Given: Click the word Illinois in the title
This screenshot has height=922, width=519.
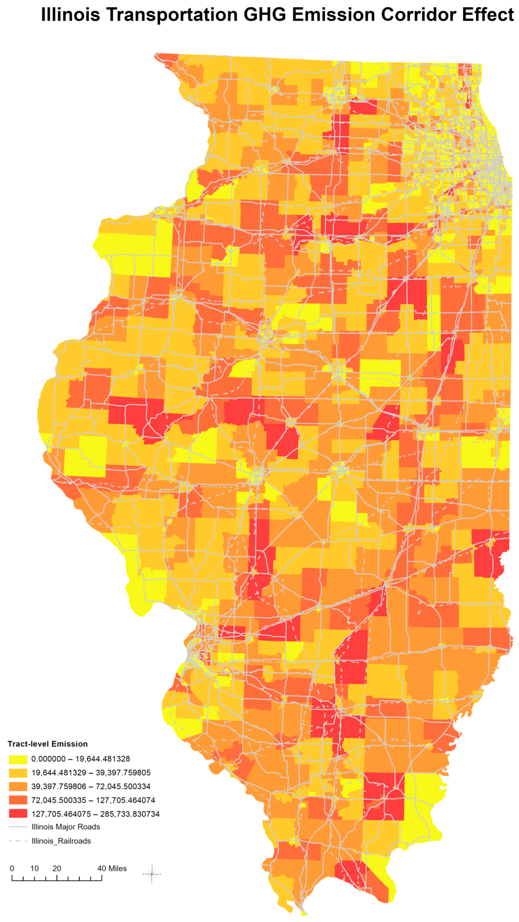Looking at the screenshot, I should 70,15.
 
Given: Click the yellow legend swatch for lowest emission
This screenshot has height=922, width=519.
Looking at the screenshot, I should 18,759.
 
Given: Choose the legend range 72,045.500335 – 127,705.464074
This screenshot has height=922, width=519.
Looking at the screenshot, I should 93,800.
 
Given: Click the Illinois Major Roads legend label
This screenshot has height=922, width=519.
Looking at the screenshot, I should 65,827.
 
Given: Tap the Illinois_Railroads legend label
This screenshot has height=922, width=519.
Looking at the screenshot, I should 61,841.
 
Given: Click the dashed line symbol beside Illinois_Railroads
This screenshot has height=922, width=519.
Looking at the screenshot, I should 18,841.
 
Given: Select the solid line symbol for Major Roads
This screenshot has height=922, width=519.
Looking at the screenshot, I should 18,827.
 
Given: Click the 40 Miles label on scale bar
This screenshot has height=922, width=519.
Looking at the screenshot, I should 112,868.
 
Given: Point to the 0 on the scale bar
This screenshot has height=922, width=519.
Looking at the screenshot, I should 12,868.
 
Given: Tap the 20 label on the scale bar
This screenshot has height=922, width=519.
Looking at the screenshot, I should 57,868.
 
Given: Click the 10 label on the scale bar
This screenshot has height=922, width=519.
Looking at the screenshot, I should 34,868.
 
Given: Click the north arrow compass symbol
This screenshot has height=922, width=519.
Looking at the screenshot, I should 152,874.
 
